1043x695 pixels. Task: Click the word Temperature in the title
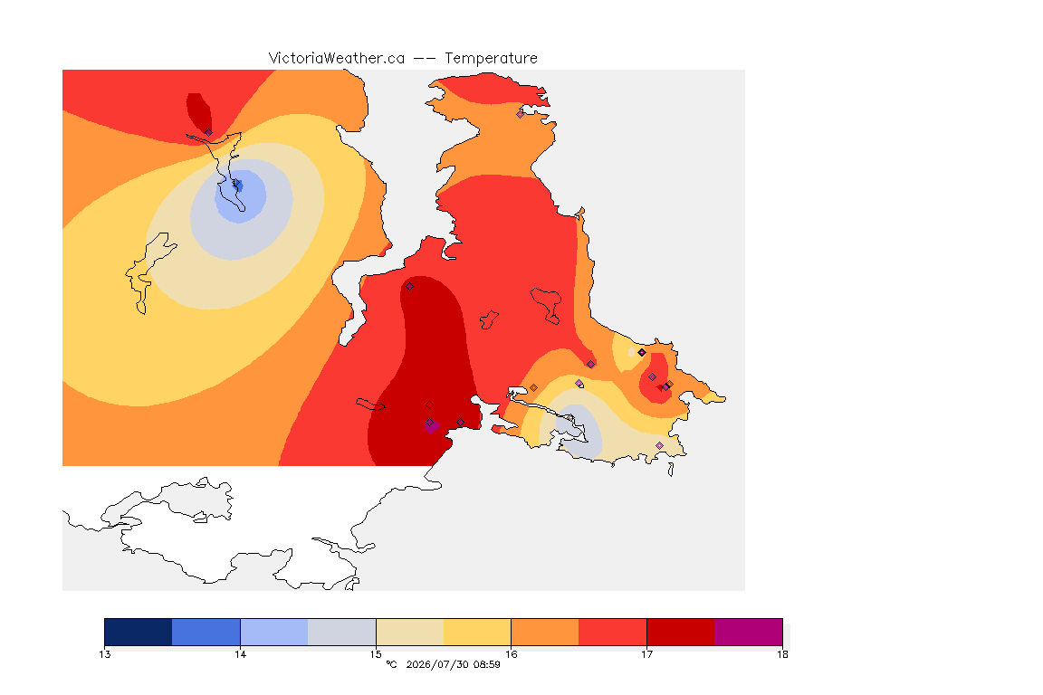(x=491, y=59)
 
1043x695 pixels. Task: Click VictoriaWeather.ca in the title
(x=337, y=59)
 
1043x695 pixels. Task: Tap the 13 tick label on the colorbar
(x=104, y=654)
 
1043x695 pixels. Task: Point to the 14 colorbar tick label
(x=240, y=654)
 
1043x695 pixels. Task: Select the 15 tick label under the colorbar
(x=376, y=654)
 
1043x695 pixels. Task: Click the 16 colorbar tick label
(x=511, y=654)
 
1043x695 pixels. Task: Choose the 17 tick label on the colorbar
(x=646, y=654)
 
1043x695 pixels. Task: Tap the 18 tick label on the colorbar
(x=782, y=654)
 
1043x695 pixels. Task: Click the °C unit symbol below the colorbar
(x=391, y=664)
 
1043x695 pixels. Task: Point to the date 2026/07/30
(x=436, y=664)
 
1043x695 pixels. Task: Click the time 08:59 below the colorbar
(x=487, y=664)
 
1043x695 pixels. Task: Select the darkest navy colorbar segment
(x=139, y=632)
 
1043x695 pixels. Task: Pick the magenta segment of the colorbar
(x=749, y=632)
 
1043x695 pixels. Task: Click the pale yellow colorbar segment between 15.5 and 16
(x=477, y=632)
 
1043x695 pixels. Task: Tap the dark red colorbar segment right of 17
(x=681, y=632)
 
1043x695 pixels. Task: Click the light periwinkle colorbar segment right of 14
(x=274, y=632)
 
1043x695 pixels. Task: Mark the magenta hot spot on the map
(x=431, y=425)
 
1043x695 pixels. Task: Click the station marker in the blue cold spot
(x=235, y=183)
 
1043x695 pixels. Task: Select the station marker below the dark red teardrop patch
(x=208, y=133)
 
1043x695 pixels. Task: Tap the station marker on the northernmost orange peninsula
(x=521, y=114)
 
